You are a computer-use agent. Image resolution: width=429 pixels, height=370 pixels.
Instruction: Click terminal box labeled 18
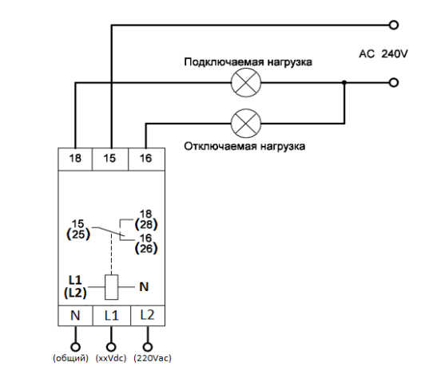coord(75,159)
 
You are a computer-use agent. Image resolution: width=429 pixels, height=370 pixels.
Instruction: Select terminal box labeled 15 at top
coord(110,159)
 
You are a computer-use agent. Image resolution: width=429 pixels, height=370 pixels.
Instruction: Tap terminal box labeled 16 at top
coord(147,159)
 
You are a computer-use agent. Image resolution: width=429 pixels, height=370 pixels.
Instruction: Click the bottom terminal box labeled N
coord(76,316)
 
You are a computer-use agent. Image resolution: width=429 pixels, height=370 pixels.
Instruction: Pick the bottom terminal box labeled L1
coord(112,316)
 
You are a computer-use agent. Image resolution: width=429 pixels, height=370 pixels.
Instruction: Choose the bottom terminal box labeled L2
coord(148,316)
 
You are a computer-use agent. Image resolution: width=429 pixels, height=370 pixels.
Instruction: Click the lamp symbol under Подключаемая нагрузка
coord(246,82)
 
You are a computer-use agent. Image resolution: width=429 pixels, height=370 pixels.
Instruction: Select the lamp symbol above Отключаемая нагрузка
coord(246,124)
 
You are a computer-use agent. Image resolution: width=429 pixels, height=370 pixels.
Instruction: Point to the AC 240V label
coord(383,53)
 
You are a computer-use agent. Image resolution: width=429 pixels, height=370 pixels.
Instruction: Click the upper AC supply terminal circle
coord(393,26)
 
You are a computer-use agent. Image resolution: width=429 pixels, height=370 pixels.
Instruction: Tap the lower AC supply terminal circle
coord(393,82)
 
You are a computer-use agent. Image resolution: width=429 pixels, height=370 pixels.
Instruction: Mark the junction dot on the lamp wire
coord(344,82)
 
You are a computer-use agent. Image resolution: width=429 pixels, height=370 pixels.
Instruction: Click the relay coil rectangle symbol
coord(112,287)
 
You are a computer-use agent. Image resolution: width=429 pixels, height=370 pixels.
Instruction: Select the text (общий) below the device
coord(71,358)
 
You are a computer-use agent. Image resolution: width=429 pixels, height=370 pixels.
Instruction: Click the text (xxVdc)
coord(111,358)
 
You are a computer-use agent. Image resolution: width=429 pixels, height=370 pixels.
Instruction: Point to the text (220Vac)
coord(153,358)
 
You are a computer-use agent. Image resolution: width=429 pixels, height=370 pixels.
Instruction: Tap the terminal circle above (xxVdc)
coord(111,347)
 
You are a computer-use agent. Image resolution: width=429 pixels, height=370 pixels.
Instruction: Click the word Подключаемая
coord(224,62)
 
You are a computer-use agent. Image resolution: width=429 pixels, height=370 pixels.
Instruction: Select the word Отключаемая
coord(220,147)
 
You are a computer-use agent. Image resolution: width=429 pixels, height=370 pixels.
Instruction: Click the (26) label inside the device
coord(146,249)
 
